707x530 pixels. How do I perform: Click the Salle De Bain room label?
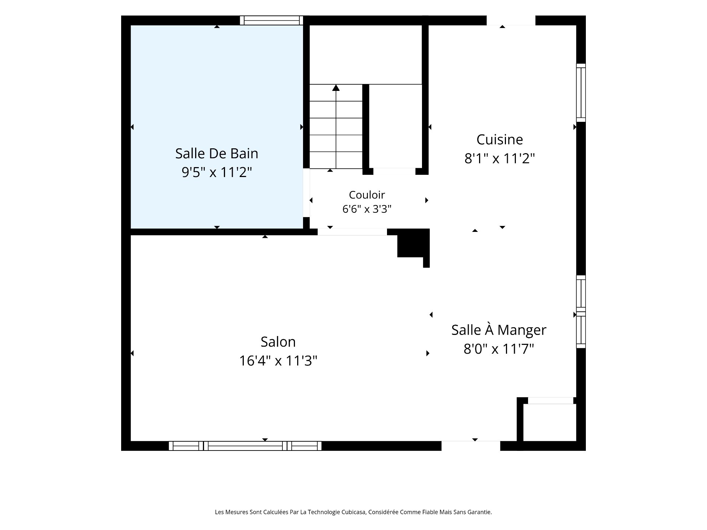click(217, 153)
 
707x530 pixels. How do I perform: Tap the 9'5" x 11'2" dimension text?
click(217, 172)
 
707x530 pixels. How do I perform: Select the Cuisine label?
click(500, 139)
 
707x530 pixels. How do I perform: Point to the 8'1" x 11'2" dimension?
click(500, 158)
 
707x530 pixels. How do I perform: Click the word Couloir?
click(367, 195)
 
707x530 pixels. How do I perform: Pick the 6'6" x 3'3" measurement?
click(367, 209)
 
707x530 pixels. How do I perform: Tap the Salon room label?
click(278, 342)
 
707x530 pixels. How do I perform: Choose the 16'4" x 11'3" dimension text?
click(278, 361)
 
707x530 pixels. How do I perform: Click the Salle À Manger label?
click(499, 329)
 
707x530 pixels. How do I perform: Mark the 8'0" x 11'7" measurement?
click(499, 349)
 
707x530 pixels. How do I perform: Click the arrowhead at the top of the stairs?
click(336, 88)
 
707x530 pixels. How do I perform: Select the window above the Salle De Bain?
click(271, 20)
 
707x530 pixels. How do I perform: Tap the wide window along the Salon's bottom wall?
click(245, 446)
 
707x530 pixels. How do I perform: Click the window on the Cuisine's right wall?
click(581, 93)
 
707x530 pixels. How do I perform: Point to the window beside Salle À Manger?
click(581, 311)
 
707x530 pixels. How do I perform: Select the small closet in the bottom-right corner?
click(549, 422)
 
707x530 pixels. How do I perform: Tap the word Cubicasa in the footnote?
click(354, 512)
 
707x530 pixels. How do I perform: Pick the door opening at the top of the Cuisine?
click(511, 21)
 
